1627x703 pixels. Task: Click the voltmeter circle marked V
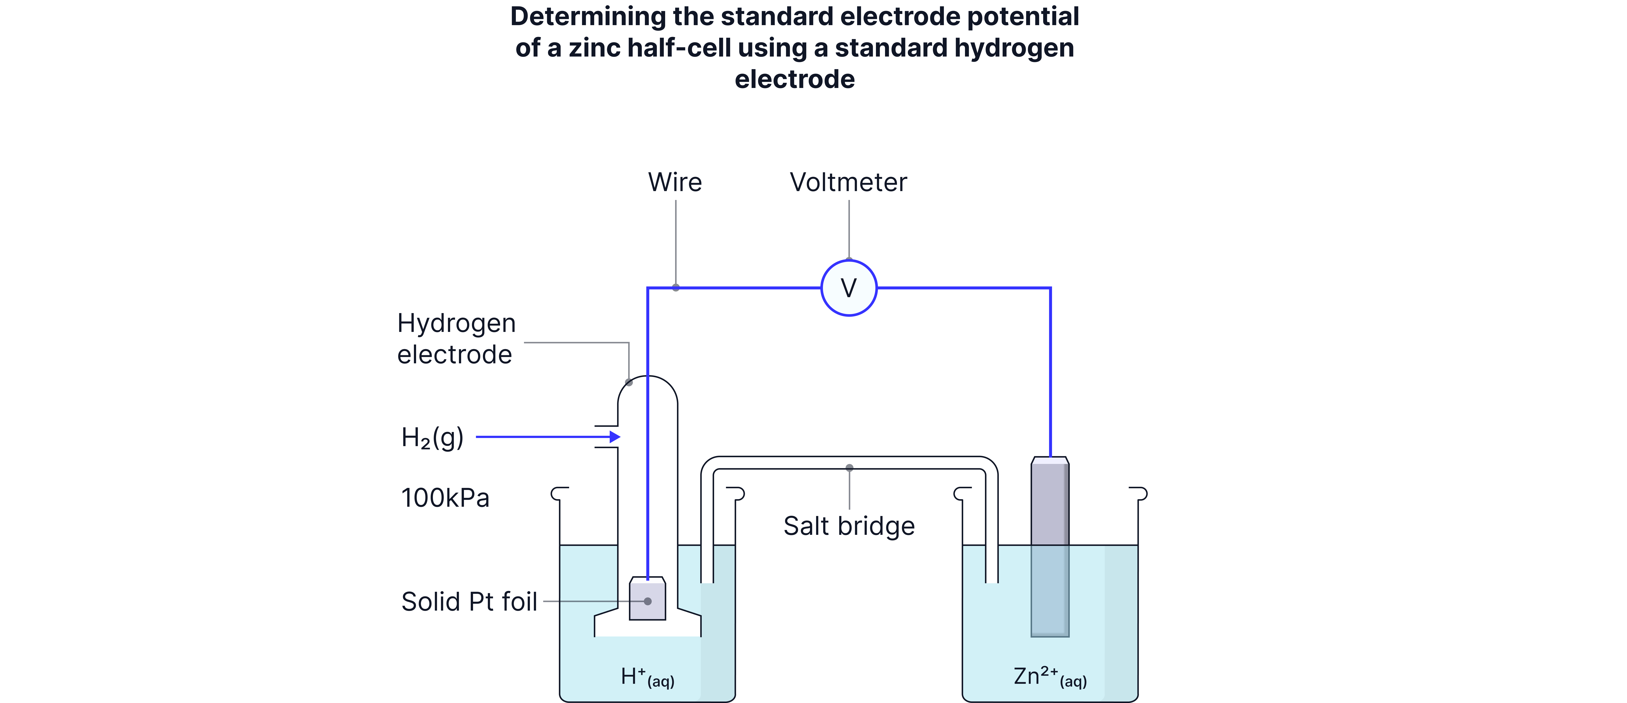coord(848,288)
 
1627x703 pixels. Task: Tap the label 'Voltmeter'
coord(848,183)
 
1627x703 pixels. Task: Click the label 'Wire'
coord(675,183)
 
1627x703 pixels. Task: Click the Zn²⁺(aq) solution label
coord(1050,677)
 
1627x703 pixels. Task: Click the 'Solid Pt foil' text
coord(469,602)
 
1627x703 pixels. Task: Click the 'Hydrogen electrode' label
coord(456,339)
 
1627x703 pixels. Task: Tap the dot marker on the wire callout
coord(676,288)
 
